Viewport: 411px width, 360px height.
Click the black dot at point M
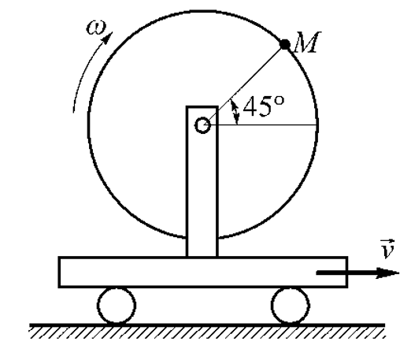pos(285,44)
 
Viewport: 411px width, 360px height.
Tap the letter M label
pos(307,42)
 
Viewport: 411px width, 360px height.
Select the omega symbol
pos(97,28)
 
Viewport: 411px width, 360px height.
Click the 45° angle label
pos(263,106)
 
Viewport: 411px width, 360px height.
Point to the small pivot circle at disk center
pos(202,125)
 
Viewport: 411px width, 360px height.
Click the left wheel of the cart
pos(117,306)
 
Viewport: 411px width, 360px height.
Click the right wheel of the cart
pos(291,306)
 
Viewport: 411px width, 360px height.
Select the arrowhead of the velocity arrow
pos(387,273)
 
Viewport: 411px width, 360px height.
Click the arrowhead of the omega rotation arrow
pos(108,38)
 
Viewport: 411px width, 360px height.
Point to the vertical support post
pos(202,181)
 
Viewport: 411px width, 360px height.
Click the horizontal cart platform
pos(203,272)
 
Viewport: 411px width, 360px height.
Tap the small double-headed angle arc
pos(235,112)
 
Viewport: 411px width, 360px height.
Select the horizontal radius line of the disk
pos(263,125)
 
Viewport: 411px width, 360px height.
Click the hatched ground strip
pos(207,331)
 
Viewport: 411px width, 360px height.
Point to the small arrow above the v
pos(387,241)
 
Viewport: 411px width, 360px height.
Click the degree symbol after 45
pos(280,100)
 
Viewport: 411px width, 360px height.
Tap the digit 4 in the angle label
pos(250,106)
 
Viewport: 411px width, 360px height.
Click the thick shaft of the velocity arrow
pos(346,273)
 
